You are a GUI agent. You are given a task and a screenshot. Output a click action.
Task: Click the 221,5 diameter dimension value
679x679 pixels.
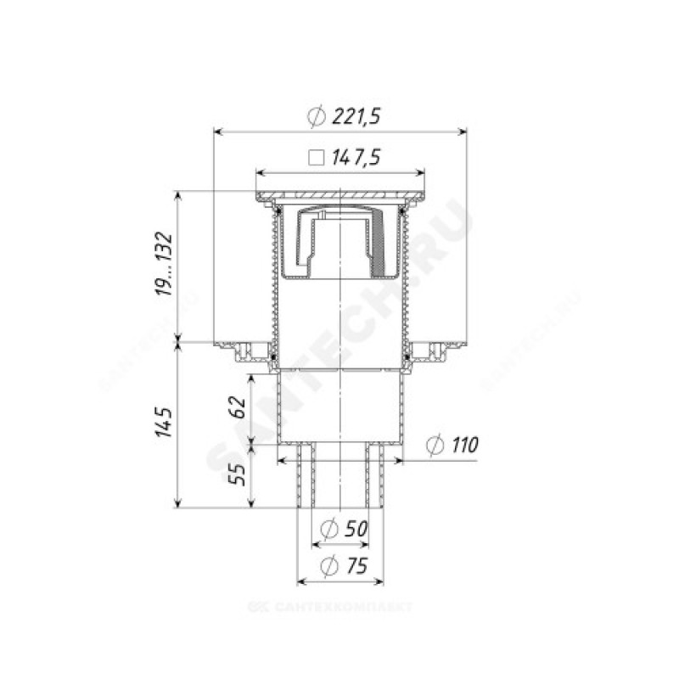click(x=356, y=116)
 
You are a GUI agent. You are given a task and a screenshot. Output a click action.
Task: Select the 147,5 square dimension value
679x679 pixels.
click(x=356, y=158)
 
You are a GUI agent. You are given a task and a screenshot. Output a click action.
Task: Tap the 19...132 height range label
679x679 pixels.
click(x=165, y=264)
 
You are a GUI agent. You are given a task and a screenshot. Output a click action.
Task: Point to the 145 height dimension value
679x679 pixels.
click(x=165, y=421)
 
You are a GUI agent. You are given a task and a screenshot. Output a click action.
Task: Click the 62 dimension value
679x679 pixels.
click(x=238, y=407)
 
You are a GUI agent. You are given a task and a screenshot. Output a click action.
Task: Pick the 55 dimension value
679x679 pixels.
click(x=238, y=474)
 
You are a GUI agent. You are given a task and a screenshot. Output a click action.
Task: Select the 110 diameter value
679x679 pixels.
click(x=464, y=445)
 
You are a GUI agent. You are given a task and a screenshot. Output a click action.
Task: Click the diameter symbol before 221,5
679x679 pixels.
click(x=317, y=116)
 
